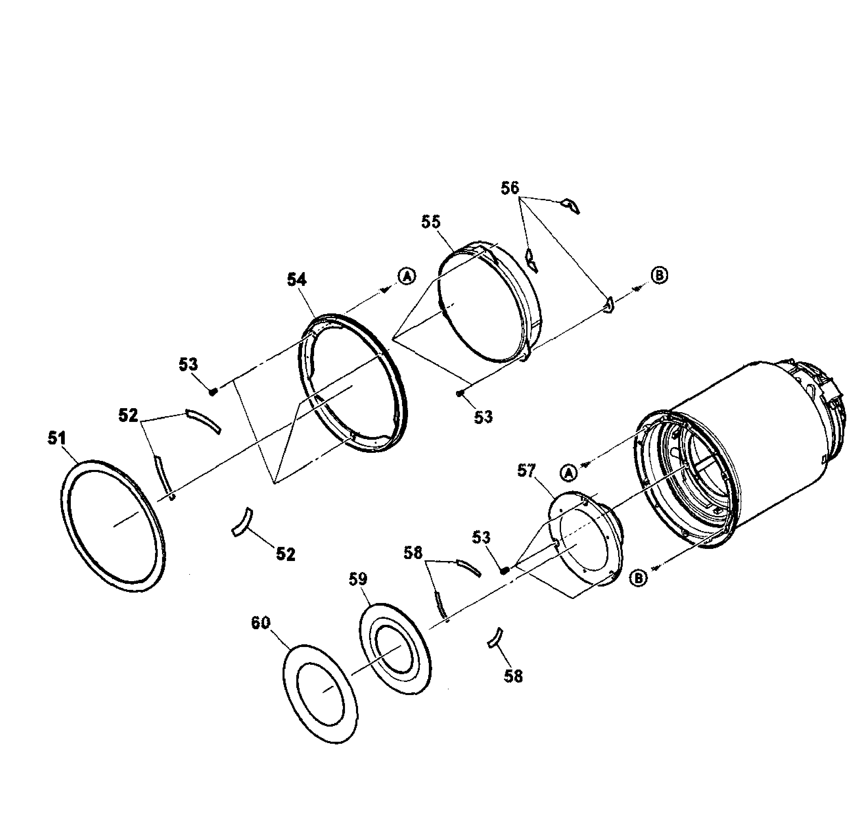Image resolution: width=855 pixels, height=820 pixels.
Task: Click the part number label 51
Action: pos(57,438)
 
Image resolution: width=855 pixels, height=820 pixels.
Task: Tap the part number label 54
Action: pos(297,280)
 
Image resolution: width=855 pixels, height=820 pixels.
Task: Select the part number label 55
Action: pos(431,222)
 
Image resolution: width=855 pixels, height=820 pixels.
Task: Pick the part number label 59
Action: pos(358,579)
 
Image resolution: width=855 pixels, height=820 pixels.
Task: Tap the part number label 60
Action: pos(261,623)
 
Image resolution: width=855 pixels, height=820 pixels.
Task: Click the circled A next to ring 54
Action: pos(407,276)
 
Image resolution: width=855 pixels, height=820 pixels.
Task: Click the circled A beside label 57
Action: pos(568,473)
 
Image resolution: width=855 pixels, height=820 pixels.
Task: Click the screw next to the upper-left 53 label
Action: pos(213,391)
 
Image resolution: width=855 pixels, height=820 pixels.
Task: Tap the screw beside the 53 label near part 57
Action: pos(505,570)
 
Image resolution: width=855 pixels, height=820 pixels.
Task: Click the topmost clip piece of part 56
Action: pos(570,206)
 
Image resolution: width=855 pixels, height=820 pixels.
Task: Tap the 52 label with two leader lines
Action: pos(128,416)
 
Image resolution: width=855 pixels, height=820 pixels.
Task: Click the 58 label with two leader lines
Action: pos(413,553)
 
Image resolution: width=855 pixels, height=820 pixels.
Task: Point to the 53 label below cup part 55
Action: pos(483,417)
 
